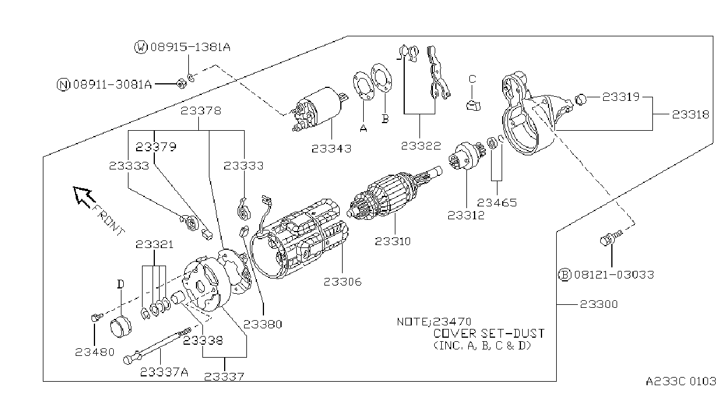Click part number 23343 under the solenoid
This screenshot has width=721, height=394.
331,148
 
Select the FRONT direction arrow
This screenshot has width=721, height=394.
84,196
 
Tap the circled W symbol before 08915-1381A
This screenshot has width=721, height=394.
140,47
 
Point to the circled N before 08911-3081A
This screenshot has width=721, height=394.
63,84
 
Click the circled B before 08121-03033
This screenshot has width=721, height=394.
564,274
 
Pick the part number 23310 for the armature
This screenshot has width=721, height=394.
393,241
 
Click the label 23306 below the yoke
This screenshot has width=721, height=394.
343,282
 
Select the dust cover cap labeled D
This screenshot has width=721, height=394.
121,327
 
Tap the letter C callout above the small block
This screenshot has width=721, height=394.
472,79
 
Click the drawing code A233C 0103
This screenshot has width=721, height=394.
681,381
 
